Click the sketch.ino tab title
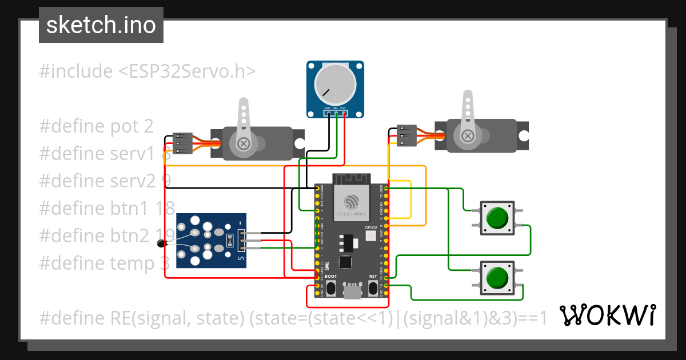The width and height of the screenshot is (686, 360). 101,25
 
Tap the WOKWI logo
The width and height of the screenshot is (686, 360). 607,315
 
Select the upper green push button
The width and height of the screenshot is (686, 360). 496,218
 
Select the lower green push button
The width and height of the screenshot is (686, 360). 496,278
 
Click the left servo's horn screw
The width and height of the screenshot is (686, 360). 244,143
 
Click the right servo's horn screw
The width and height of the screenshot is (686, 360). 468,135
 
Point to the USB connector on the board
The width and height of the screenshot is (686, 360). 351,292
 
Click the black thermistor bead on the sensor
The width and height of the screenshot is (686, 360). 162,245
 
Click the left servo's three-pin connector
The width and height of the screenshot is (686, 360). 183,143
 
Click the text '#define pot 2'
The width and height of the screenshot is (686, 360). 96,126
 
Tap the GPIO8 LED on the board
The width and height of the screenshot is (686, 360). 370,235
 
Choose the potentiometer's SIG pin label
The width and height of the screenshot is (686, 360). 336,107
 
